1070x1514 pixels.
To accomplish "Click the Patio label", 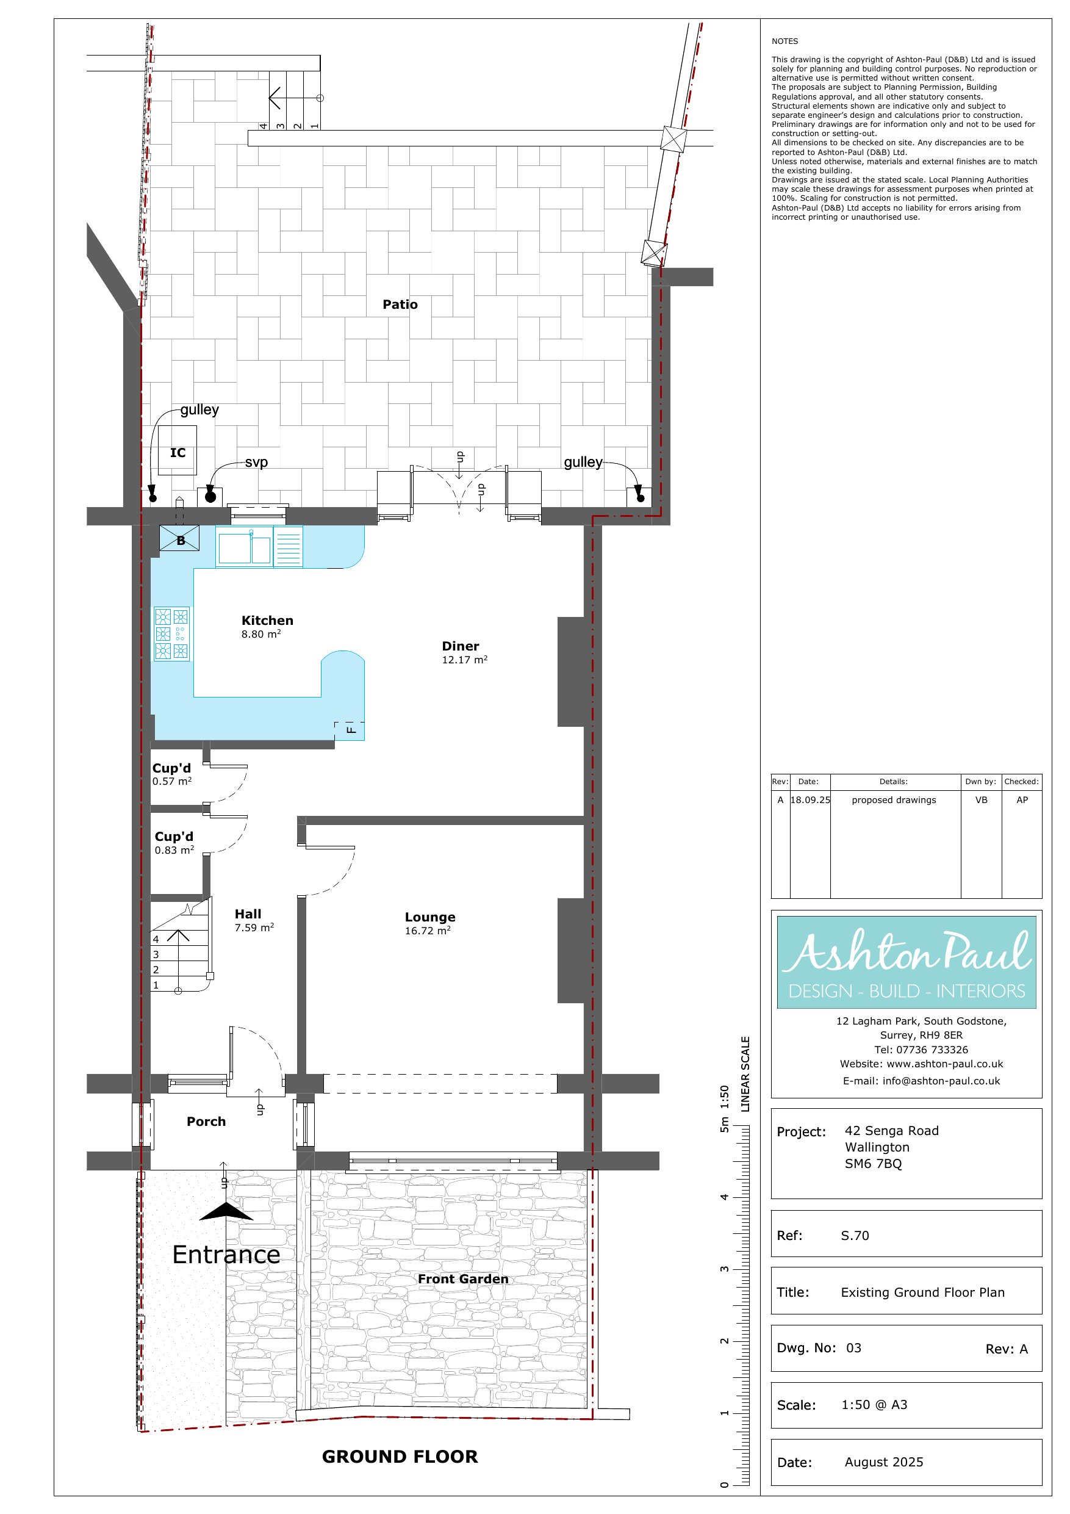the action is [400, 304].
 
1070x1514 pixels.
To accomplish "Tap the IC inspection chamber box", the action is [178, 450].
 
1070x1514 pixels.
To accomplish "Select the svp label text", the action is [256, 462].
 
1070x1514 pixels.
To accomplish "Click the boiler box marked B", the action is [179, 538].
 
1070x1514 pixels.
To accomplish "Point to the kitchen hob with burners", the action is [172, 633].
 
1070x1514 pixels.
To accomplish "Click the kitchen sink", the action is [245, 548].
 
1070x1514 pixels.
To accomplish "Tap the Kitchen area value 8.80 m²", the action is [261, 635].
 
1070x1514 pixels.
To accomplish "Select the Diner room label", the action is [460, 646].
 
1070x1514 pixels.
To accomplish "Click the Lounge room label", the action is [430, 917].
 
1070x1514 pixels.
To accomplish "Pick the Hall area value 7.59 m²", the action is [254, 927].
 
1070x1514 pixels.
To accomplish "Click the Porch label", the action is [206, 1121].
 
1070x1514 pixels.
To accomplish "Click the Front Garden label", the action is [463, 1278].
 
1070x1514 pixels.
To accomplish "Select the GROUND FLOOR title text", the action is [400, 1456].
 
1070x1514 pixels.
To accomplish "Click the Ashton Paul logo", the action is [907, 961].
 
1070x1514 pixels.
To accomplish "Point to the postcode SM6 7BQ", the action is [873, 1164].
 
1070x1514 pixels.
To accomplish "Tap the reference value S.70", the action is [855, 1236].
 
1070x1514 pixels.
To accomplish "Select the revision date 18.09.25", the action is [810, 800].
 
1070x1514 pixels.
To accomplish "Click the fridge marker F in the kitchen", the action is [351, 730].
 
